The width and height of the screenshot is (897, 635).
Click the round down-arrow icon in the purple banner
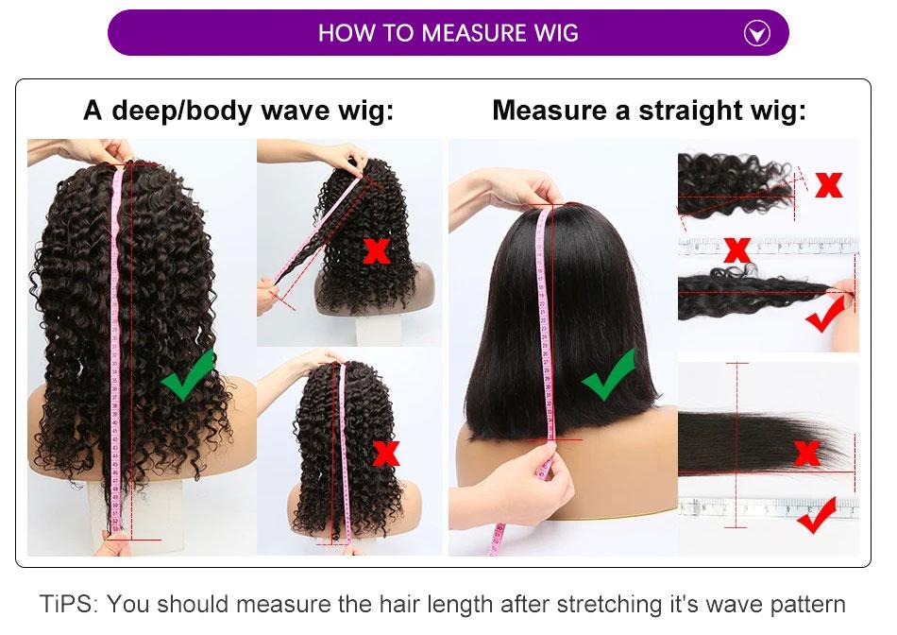[757, 34]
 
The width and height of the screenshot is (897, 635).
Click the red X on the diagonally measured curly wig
[377, 250]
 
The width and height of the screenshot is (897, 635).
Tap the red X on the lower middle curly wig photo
[385, 453]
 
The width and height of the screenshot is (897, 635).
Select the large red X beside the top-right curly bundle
[828, 184]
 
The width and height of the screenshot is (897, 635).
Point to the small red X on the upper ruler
[737, 249]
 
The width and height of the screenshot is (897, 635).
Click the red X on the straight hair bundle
[807, 454]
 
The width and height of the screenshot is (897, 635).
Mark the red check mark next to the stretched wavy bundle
[826, 316]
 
